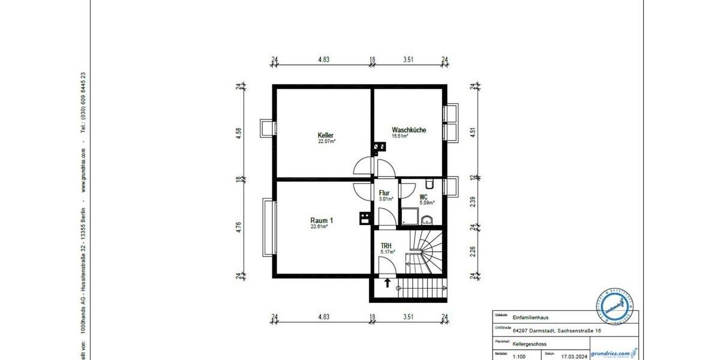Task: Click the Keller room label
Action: click(x=326, y=136)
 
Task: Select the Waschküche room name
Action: click(x=409, y=130)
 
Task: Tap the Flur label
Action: click(x=384, y=193)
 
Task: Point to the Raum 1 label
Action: click(x=321, y=220)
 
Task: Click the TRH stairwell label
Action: click(x=386, y=245)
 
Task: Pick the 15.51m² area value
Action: click(x=400, y=137)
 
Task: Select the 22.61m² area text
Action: click(x=319, y=227)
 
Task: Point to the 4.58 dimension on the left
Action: click(x=239, y=131)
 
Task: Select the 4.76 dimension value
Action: click(x=239, y=227)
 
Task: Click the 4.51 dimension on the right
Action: click(x=473, y=131)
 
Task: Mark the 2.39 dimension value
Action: click(x=473, y=202)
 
